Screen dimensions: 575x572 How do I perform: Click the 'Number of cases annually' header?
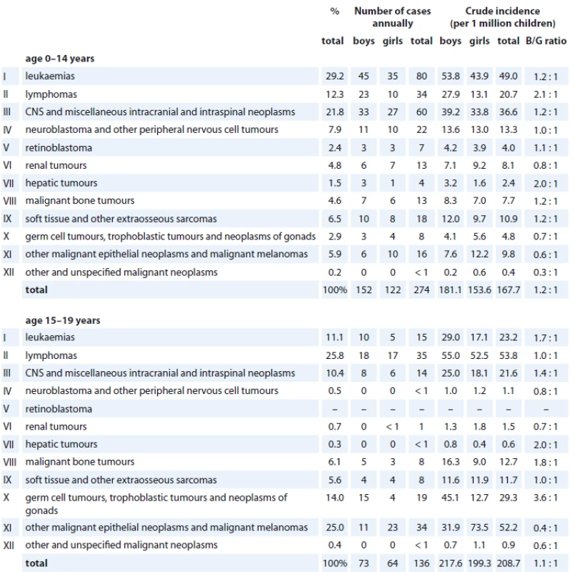(392, 17)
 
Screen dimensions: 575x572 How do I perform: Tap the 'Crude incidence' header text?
(502, 11)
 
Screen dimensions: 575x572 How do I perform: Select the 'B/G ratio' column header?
(546, 41)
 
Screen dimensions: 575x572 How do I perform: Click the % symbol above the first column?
(334, 11)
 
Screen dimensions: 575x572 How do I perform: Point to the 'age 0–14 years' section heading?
(60, 59)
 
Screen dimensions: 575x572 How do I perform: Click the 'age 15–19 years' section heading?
(63, 320)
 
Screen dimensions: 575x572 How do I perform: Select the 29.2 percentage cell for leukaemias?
(335, 76)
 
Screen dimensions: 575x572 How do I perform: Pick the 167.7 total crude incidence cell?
(509, 290)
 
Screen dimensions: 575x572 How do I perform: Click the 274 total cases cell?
(421, 290)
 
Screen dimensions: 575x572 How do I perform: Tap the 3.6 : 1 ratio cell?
(546, 498)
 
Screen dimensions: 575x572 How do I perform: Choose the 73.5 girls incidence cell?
(479, 528)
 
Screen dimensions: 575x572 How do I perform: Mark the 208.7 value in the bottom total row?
(509, 563)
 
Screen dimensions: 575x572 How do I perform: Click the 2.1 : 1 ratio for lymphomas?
(546, 94)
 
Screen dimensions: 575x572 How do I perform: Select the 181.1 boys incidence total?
(450, 290)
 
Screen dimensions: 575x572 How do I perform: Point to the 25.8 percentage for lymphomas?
(335, 355)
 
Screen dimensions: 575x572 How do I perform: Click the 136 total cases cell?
(421, 563)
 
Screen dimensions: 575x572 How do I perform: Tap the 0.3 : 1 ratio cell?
(546, 272)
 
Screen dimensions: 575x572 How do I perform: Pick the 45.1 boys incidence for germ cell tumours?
(450, 498)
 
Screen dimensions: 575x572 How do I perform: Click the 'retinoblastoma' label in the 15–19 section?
(59, 409)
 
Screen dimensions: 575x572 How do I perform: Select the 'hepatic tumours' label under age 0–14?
(61, 183)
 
